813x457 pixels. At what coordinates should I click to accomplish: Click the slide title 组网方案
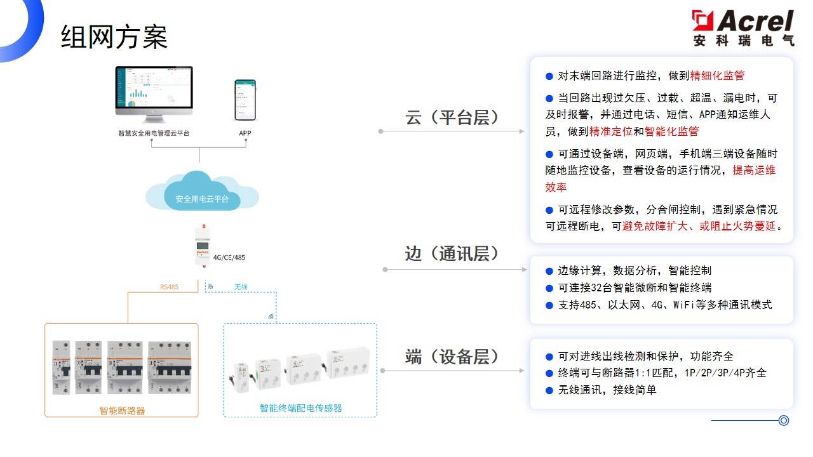pos(114,37)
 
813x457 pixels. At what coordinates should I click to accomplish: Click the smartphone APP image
pos(245,100)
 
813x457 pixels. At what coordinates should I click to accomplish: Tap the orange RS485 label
pos(169,287)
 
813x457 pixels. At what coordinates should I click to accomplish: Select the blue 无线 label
pos(241,287)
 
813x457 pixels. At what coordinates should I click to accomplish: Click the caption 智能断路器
pos(122,410)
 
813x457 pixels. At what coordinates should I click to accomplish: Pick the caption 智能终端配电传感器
pos(300,407)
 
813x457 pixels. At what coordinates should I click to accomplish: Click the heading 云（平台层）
pos(452,117)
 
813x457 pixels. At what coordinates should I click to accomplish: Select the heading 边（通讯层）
pos(452,254)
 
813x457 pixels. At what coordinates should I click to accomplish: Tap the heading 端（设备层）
pos(452,357)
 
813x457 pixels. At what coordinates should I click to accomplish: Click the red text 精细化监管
pos(717,76)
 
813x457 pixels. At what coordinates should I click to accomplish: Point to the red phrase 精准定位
pos(611,131)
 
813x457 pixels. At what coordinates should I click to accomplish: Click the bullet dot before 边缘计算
pos(549,271)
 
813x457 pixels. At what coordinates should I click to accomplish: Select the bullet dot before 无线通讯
pos(549,390)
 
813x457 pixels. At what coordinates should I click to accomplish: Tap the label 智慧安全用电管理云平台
pos(154,133)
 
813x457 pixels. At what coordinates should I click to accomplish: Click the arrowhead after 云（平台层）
pos(521,131)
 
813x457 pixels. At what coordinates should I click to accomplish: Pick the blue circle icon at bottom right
pos(784,420)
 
